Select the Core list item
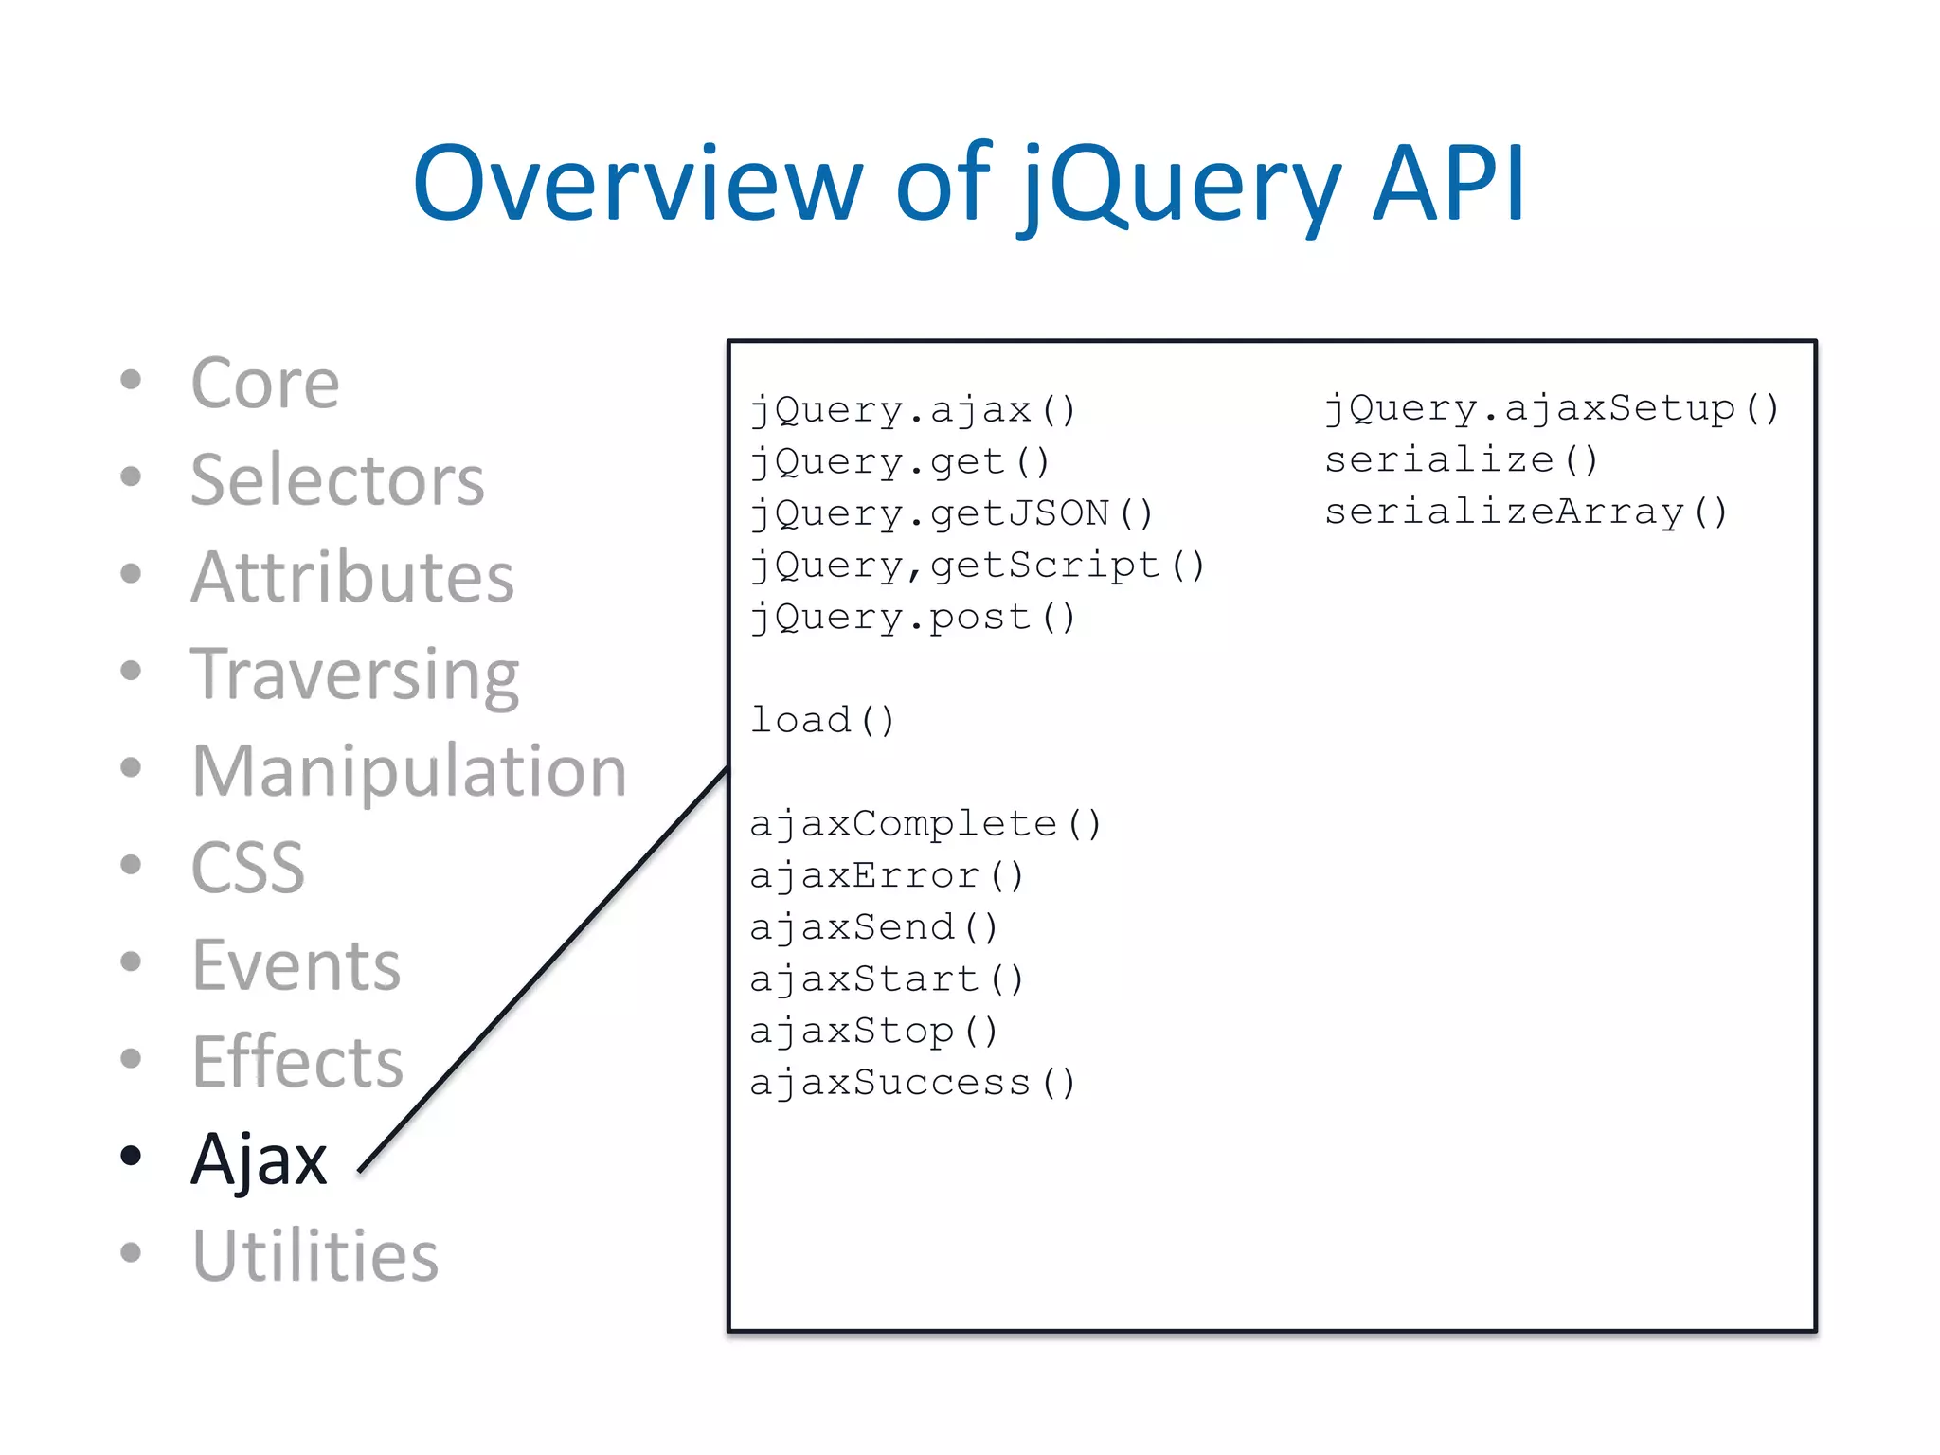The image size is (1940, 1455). tap(265, 384)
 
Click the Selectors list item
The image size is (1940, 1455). tap(337, 480)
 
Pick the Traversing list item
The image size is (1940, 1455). tap(355, 674)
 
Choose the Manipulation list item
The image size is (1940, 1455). tap(409, 771)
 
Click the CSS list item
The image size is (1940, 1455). tap(248, 868)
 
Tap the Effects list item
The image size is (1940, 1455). tap(297, 1062)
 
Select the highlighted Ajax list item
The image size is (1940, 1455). tap(259, 1159)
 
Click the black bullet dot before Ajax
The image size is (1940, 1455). tap(131, 1156)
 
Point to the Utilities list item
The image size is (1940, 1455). tap(315, 1256)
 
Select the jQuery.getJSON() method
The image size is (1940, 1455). tap(951, 514)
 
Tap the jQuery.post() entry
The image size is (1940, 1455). tap(913, 618)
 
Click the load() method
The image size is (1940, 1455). tap(822, 721)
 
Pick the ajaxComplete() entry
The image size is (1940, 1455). tap(925, 824)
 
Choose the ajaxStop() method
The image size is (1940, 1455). tap(873, 1032)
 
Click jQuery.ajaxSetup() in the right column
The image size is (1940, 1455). tap(1552, 409)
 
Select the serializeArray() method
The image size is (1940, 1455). tap(1526, 512)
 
